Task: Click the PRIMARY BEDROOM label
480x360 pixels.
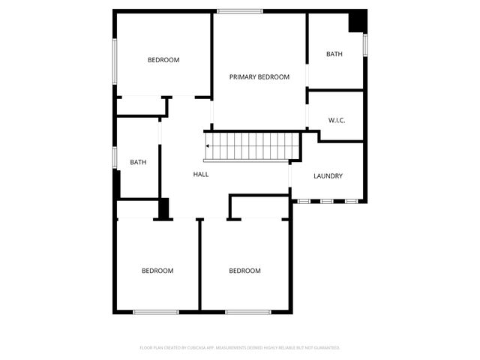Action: click(259, 76)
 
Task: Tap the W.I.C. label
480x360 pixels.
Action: click(337, 120)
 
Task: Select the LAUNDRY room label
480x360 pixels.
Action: click(328, 176)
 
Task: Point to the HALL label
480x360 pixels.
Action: click(201, 174)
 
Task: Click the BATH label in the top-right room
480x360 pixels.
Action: click(334, 54)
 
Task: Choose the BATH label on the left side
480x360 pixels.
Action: click(138, 162)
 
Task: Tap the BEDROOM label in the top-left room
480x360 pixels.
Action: click(163, 60)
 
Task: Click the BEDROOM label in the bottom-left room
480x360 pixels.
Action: click(157, 271)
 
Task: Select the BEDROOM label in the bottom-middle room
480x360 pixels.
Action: click(244, 271)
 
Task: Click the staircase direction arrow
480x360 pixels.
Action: click(207, 147)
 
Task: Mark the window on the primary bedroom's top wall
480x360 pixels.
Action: click(240, 10)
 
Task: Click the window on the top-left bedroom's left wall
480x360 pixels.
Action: click(114, 60)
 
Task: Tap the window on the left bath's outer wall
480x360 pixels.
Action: click(114, 157)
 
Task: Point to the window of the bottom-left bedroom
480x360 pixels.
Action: click(155, 311)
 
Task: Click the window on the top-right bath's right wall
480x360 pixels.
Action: click(365, 45)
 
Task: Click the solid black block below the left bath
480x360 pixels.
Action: click(163, 208)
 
